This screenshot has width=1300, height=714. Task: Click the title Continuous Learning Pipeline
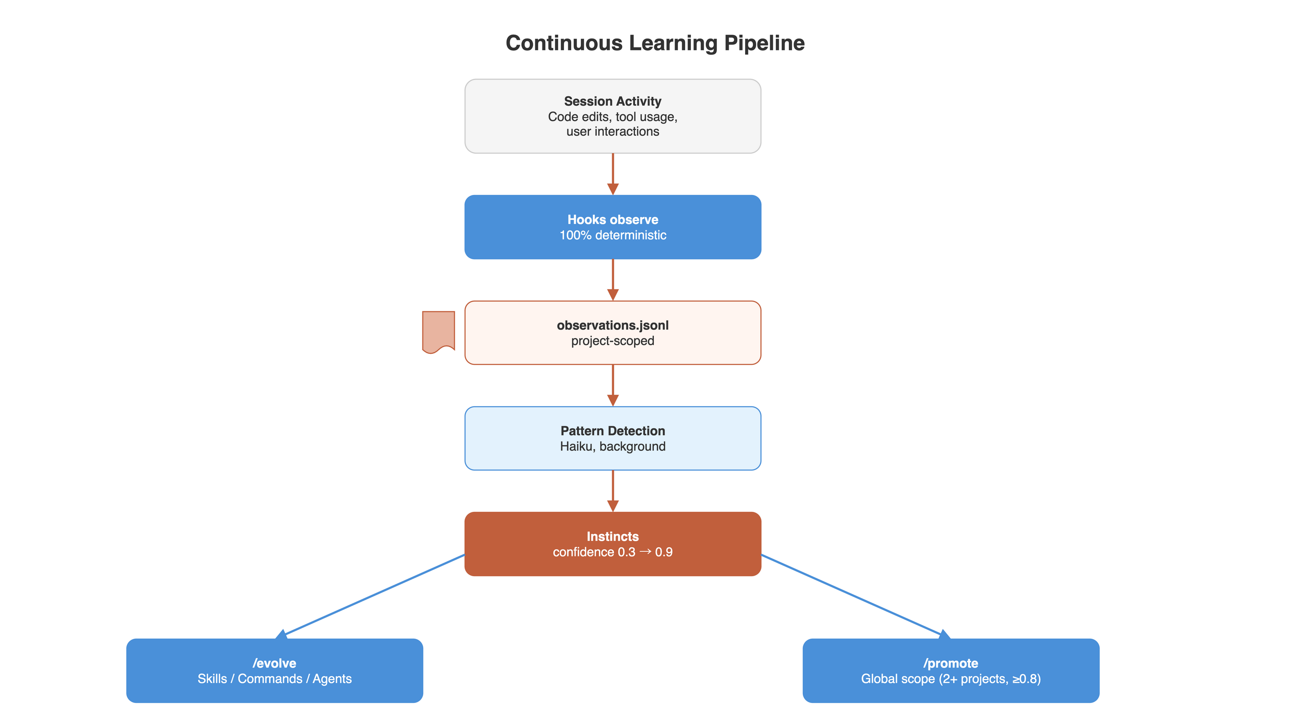pos(654,43)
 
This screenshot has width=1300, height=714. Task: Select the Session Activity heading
pos(612,101)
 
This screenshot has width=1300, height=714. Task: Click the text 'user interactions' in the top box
pos(612,132)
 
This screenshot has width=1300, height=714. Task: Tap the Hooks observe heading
pos(612,219)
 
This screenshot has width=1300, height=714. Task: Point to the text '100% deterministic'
pos(612,235)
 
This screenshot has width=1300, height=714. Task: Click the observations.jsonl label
pos(612,325)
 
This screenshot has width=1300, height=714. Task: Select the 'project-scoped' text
pos(612,341)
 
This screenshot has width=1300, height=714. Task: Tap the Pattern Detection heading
pos(612,431)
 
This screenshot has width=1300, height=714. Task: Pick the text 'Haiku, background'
pos(612,446)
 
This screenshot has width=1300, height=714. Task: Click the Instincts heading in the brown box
pos(612,536)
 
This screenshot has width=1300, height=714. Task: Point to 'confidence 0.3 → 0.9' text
pos(612,552)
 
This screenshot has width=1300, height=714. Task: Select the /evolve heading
pos(274,663)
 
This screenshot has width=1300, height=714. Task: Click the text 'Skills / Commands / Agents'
pos(274,678)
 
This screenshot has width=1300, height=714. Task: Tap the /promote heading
pos(950,663)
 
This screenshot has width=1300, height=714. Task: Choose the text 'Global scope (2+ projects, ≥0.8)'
pos(950,678)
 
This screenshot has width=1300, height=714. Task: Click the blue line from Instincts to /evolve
pos(373,595)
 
